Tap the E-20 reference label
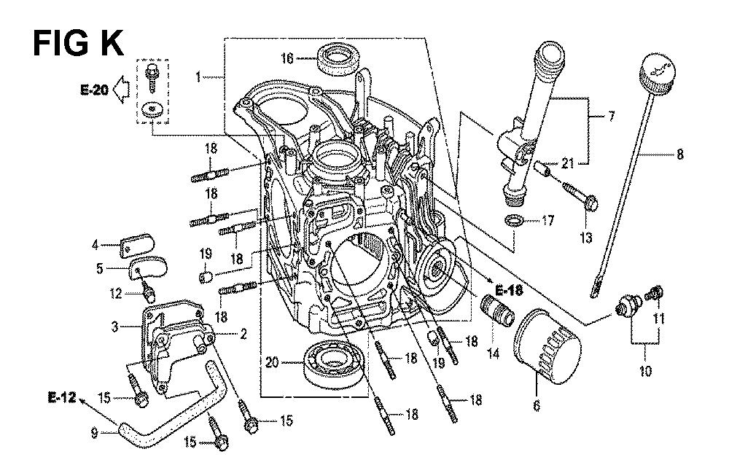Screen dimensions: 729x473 [x=94, y=89]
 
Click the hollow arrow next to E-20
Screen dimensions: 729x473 [x=121, y=89]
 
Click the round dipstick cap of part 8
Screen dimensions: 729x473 [x=657, y=72]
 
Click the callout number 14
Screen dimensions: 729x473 [x=493, y=354]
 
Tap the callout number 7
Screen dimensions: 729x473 [x=611, y=116]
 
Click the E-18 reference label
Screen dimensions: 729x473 [x=509, y=291]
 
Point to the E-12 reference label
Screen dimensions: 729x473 [x=62, y=397]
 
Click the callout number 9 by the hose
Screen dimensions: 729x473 [x=95, y=434]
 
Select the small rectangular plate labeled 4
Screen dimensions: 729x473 [x=137, y=246]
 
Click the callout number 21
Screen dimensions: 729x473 [x=568, y=163]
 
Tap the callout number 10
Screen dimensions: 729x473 [x=645, y=371]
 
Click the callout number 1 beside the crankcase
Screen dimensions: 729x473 [x=198, y=77]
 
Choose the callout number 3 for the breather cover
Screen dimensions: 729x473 [x=115, y=327]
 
